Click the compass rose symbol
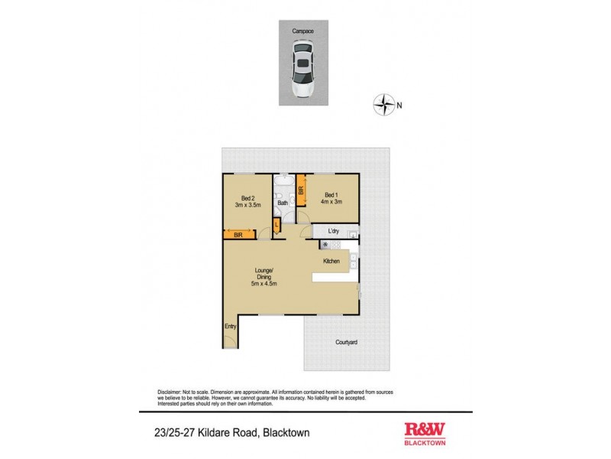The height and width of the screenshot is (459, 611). [384, 103]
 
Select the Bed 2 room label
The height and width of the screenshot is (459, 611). [246, 197]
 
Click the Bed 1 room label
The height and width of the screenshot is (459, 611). [331, 194]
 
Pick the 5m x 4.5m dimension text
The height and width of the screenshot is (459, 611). [264, 283]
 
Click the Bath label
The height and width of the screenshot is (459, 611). [283, 203]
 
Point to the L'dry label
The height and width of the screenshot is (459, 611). [333, 230]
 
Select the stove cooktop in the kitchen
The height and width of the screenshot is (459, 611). [326, 245]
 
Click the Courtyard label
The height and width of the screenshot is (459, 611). [346, 342]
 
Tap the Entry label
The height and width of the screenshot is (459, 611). [230, 327]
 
